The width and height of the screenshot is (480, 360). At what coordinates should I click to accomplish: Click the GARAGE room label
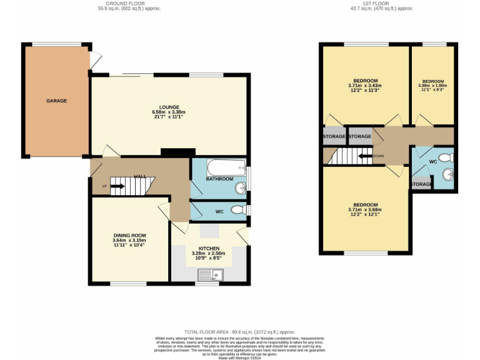point(56,101)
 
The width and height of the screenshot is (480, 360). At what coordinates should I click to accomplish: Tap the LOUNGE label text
point(169,106)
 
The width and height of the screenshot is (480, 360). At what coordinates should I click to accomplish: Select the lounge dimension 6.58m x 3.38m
point(169,112)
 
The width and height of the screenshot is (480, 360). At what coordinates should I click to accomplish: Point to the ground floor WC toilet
point(238,211)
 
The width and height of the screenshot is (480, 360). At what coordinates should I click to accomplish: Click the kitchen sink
point(209,274)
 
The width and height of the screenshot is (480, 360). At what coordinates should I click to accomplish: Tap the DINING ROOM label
point(129,235)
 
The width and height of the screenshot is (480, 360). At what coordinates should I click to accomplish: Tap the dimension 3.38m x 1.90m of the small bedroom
point(432,86)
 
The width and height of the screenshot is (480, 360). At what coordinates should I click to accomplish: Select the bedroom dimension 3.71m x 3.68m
point(365,210)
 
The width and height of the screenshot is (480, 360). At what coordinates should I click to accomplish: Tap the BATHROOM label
point(220,179)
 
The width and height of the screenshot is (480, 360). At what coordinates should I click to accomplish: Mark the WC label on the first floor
point(432,161)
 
